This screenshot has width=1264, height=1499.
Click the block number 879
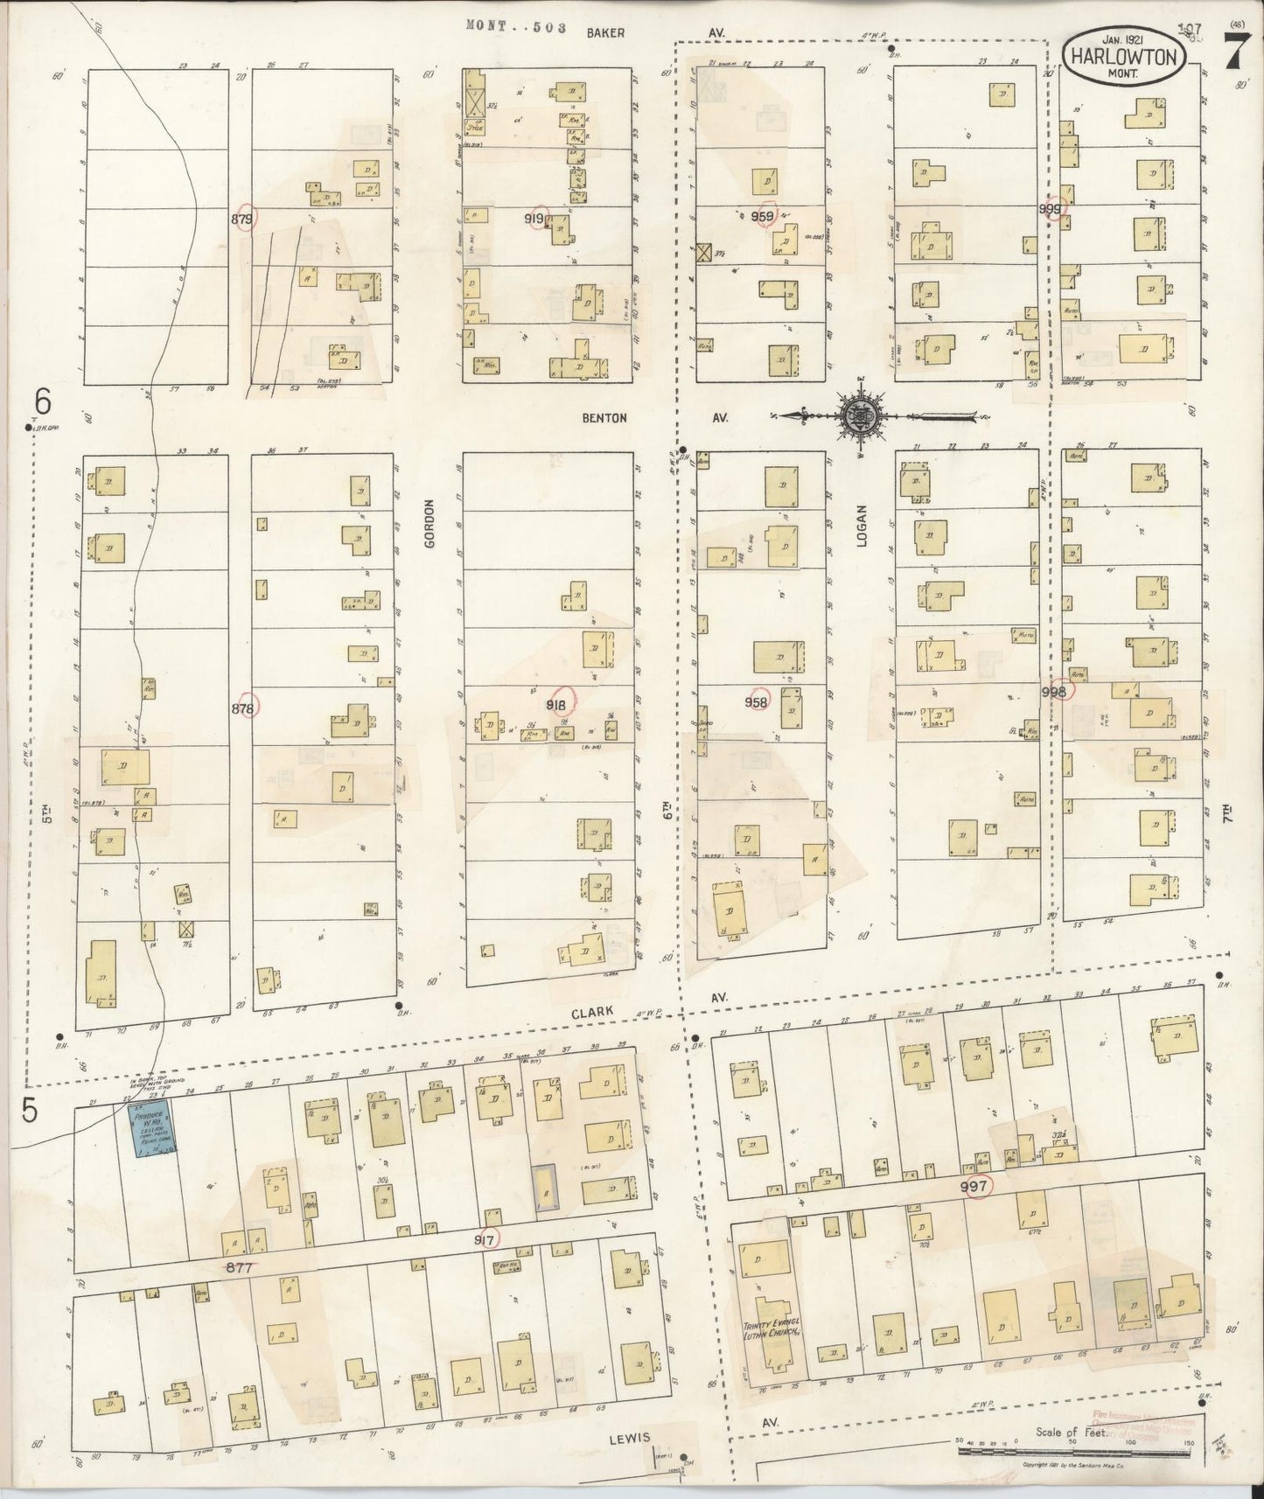[x=242, y=220]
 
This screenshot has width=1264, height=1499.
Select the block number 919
[x=534, y=219]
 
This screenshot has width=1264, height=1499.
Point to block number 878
[x=244, y=708]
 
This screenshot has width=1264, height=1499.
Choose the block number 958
[x=756, y=701]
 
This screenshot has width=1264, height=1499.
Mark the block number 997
[x=974, y=1186]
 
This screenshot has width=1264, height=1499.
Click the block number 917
[x=486, y=1240]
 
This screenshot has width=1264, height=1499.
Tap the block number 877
[x=241, y=1265]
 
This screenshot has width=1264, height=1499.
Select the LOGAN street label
[x=861, y=526]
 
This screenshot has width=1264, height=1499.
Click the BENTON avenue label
[x=604, y=418]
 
